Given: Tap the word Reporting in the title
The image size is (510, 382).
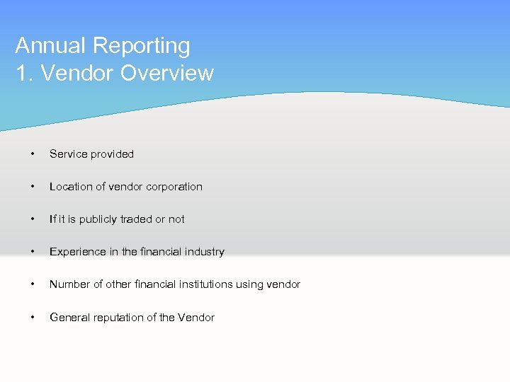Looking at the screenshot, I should coord(141,46).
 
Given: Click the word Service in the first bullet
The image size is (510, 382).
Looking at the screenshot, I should coord(68,154).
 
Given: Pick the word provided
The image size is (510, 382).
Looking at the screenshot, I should coord(112,154).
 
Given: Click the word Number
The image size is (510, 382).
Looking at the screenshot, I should coord(70,284).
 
